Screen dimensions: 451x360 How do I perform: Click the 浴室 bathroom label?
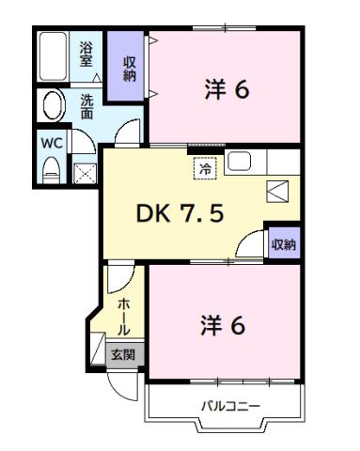pyautogui.click(x=86, y=54)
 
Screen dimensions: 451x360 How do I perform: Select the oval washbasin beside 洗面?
pyautogui.click(x=55, y=105)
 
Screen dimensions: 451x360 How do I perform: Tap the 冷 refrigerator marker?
pyautogui.click(x=204, y=168)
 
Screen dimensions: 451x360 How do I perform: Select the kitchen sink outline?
pyautogui.click(x=239, y=161)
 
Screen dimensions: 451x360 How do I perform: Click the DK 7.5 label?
pyautogui.click(x=181, y=214)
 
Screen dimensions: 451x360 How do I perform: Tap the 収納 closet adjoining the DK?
pyautogui.click(x=284, y=243)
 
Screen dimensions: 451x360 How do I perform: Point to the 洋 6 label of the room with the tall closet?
pyautogui.click(x=227, y=90)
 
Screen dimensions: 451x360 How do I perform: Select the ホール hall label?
pyautogui.click(x=123, y=316)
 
